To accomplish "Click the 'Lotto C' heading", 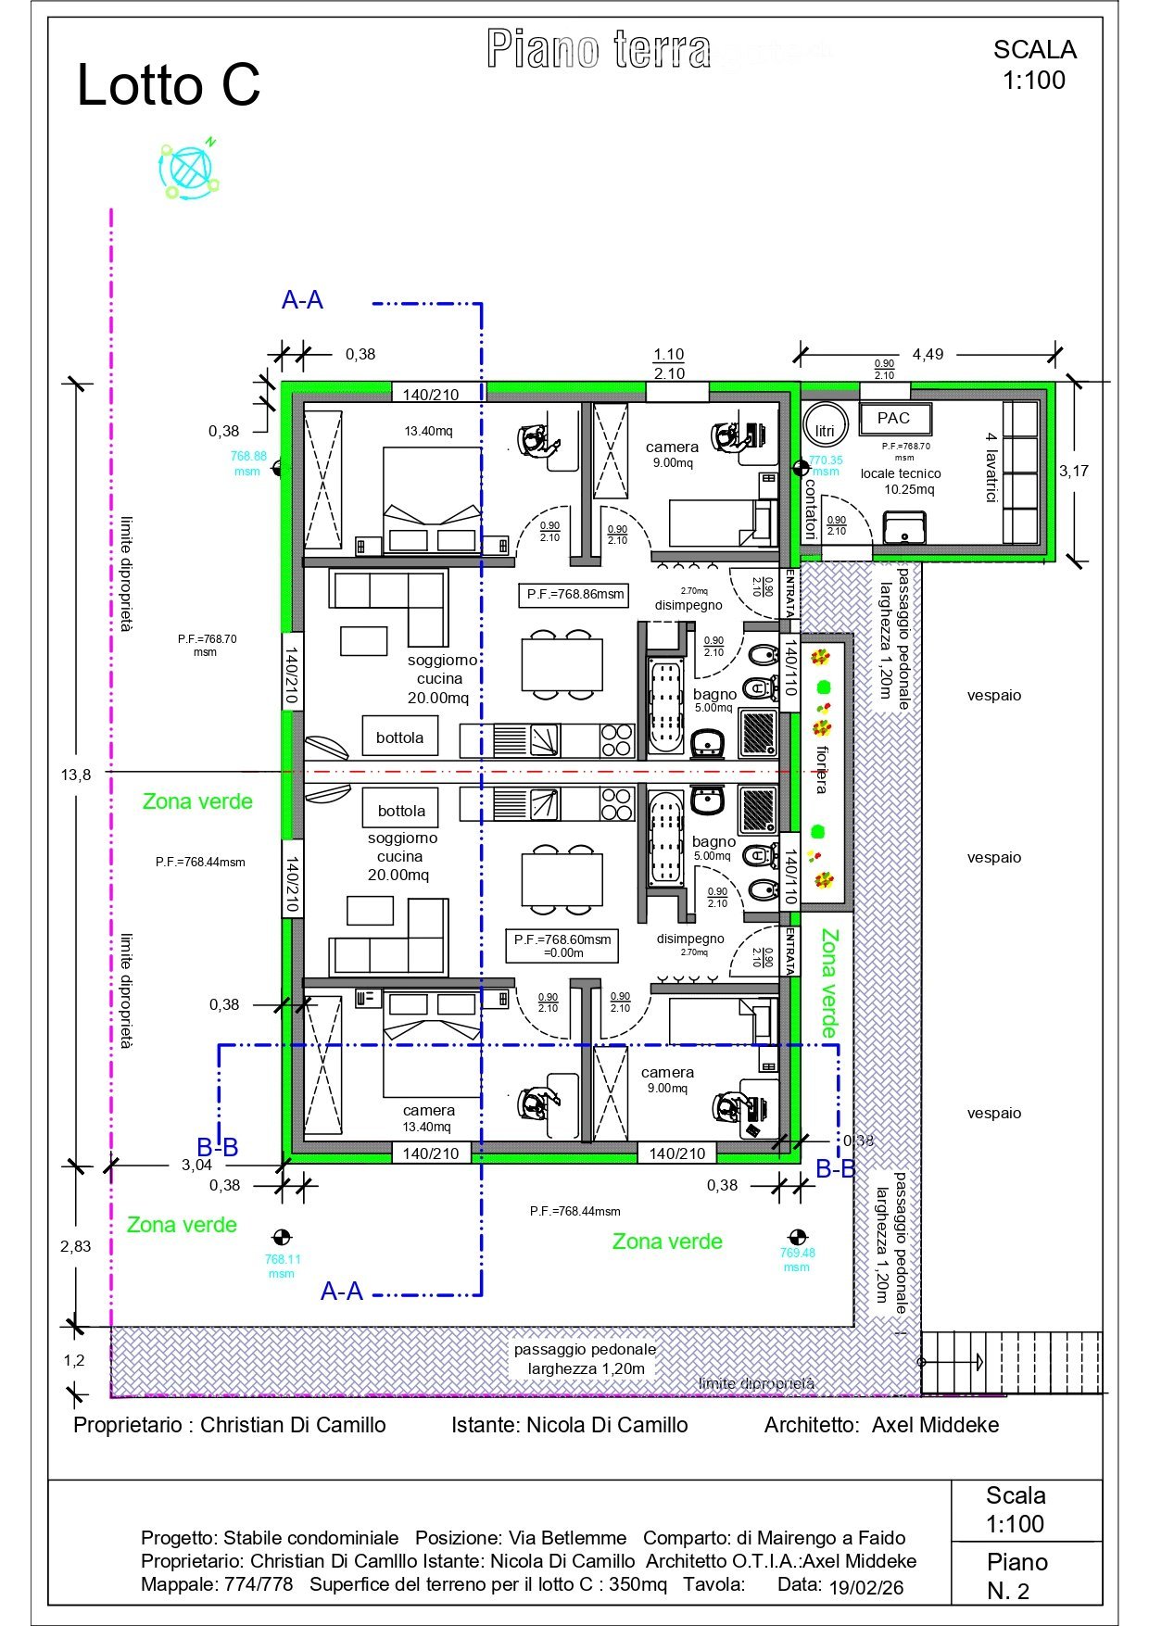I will pos(168,85).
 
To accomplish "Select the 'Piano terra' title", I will pos(599,50).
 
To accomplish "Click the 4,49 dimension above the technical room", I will pos(928,354).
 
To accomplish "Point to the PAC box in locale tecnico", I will pos(894,419).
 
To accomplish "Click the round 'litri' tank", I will pos(825,430).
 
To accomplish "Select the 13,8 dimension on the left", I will pos(76,775).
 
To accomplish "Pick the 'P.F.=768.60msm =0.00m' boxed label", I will pos(562,945).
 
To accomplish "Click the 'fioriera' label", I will pos(821,769).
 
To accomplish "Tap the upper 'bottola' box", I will pos(399,737).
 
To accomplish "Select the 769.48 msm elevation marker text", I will pos(797,1259).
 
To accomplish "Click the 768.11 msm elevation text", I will pos(282,1266).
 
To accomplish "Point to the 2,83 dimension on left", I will pos(76,1246).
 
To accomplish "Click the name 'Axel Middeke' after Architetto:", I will pos(935,1425).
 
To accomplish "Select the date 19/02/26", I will pos(866,1587).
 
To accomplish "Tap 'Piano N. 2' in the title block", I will pos(1016,1576).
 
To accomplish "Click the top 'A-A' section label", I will pos(302,300).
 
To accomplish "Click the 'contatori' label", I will pos(810,508).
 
